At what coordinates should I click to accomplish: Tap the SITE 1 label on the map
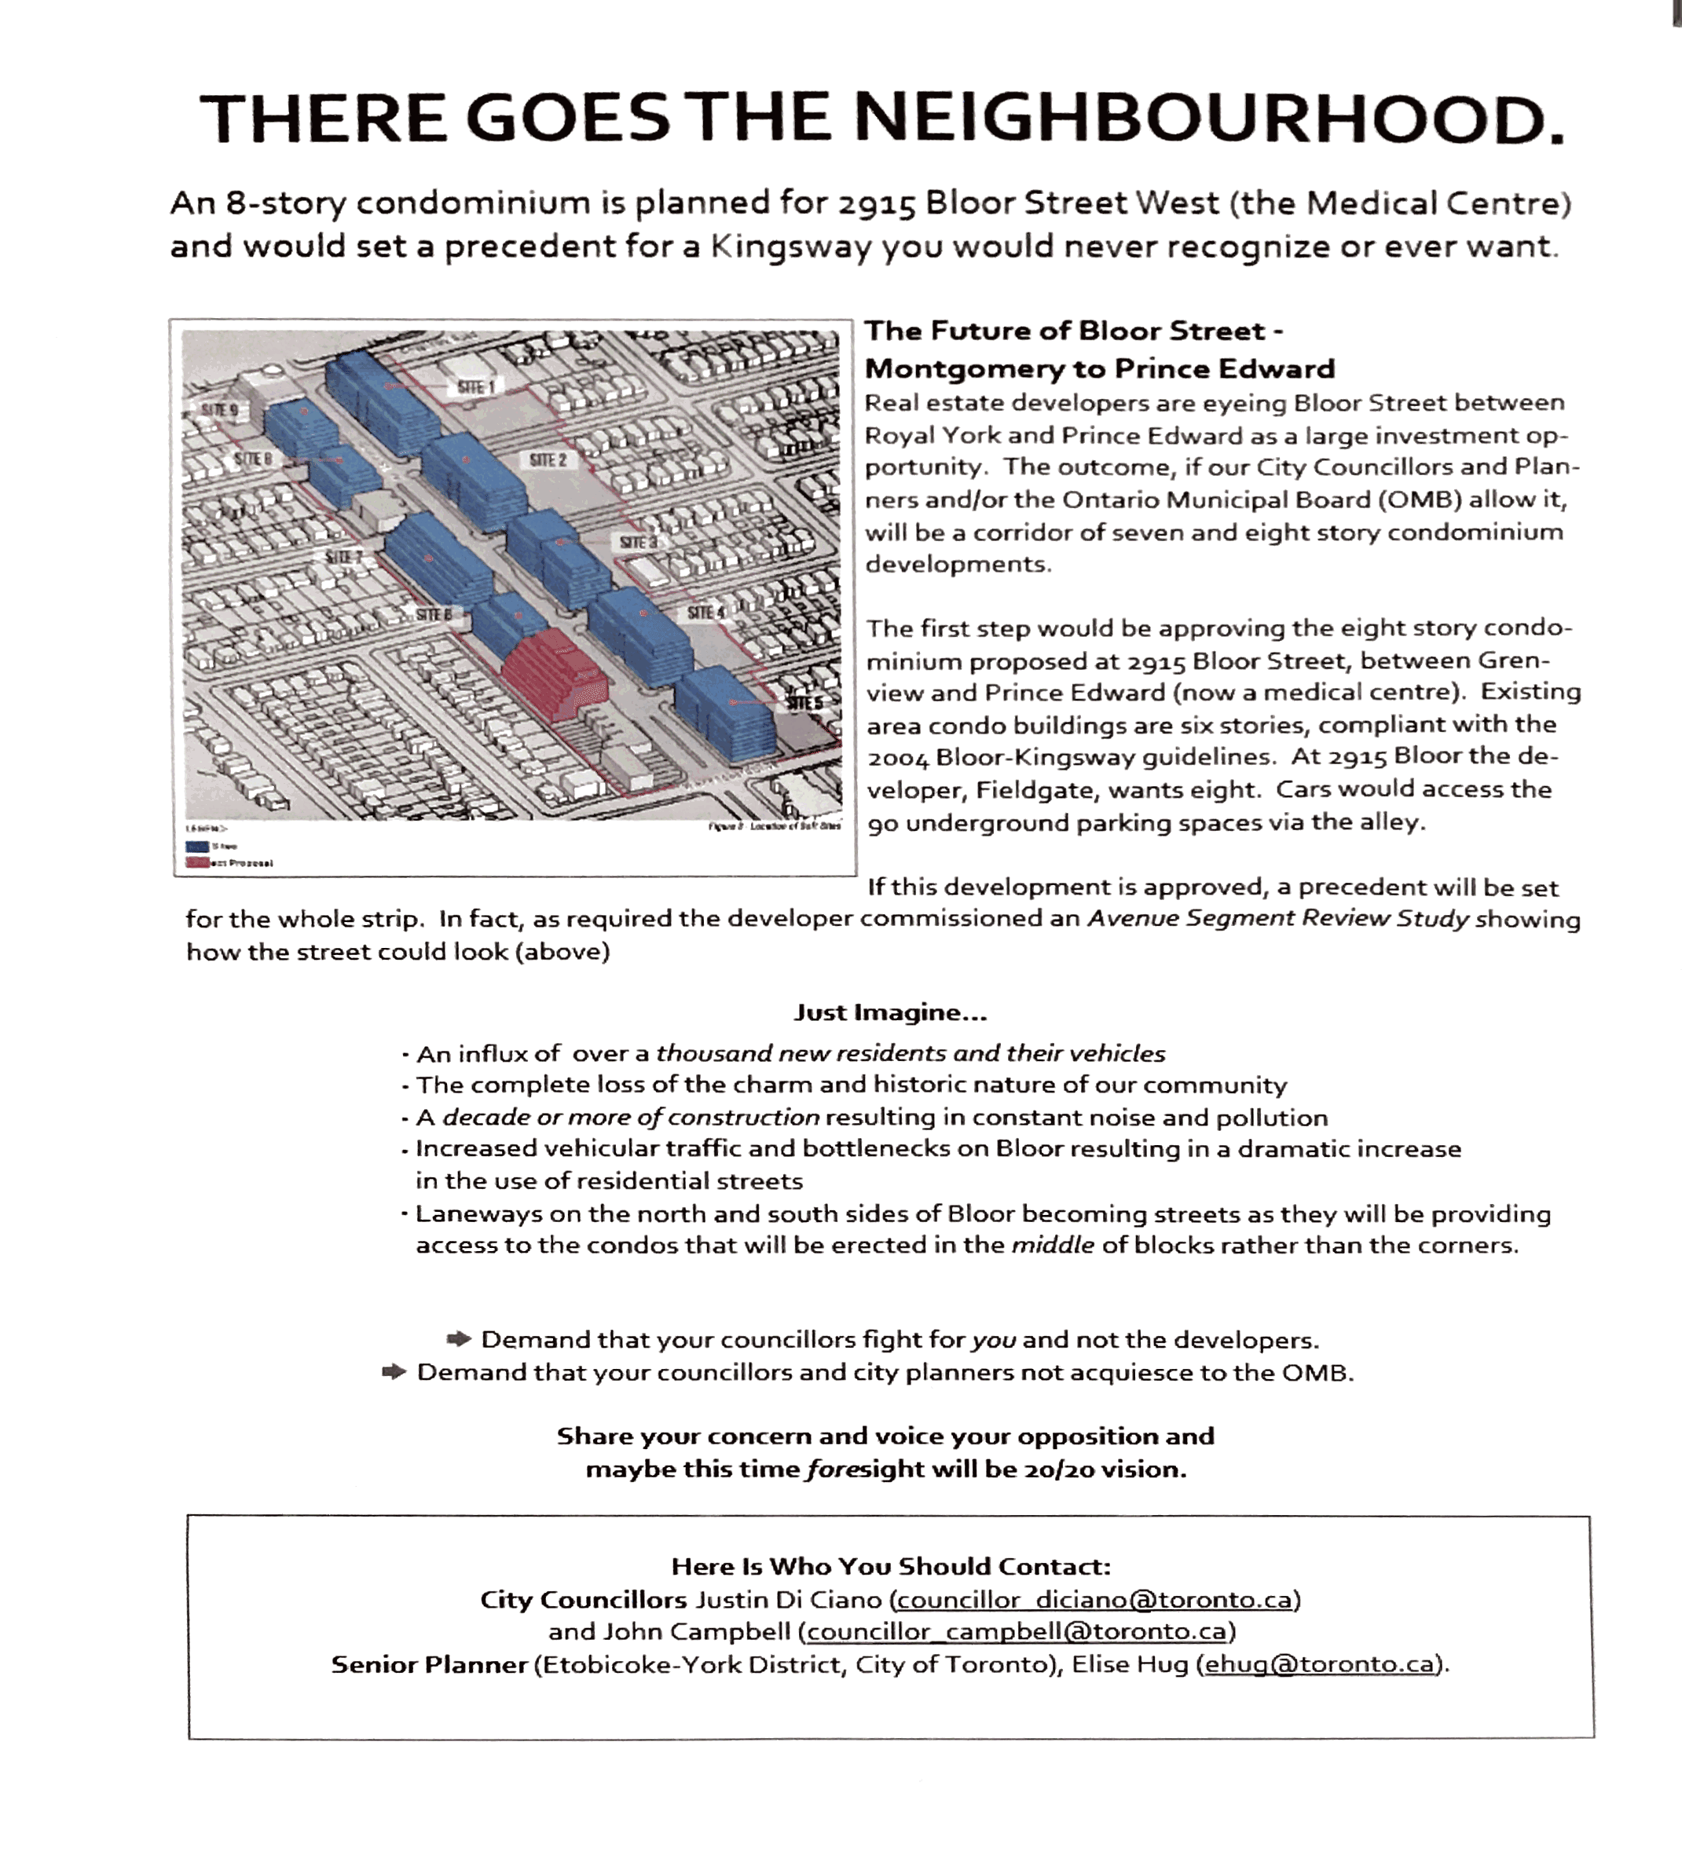click(x=476, y=387)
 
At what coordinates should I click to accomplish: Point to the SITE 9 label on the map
click(x=219, y=409)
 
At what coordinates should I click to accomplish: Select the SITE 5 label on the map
click(x=803, y=703)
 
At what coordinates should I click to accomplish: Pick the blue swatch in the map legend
click(x=197, y=846)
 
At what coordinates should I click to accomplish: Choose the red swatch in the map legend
click(x=197, y=863)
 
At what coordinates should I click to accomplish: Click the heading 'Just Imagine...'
click(x=890, y=1012)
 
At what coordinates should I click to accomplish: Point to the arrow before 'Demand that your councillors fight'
click(x=458, y=1338)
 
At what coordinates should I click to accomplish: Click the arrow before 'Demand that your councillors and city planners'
click(x=394, y=1371)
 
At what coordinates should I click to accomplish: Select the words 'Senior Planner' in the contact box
click(x=429, y=1663)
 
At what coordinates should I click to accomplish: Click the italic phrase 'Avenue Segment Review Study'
click(x=1278, y=918)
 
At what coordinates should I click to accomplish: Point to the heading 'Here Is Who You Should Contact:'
click(x=891, y=1566)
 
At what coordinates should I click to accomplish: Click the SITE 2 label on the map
click(x=548, y=459)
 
